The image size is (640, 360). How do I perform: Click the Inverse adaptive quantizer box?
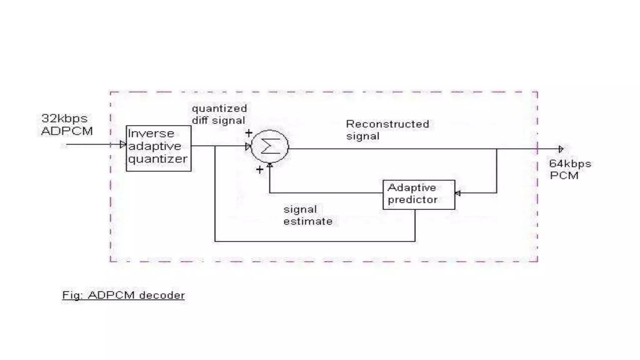point(158,148)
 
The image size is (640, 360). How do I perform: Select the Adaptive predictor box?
point(419,194)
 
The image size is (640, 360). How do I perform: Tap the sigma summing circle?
point(270,146)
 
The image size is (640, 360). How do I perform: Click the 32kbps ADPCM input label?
point(67,125)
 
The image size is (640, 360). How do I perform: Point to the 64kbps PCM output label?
point(570,170)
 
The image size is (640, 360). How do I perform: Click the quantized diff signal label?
point(219,114)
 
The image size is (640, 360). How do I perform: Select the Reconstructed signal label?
point(387,130)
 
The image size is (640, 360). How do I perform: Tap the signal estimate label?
point(307,215)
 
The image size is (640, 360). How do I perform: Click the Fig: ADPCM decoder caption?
point(123,295)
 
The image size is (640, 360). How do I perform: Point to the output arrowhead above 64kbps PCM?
point(561,149)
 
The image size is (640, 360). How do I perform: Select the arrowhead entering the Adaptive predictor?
point(458,193)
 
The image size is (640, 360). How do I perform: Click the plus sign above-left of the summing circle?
point(249,133)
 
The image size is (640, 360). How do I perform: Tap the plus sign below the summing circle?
point(259,170)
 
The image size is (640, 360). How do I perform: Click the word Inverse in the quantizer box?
point(151,133)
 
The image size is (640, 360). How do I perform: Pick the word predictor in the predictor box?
point(412,200)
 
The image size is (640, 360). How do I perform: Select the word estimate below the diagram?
point(307,221)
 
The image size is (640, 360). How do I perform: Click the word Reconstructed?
point(387,124)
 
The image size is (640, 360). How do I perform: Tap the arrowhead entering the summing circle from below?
point(270,165)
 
